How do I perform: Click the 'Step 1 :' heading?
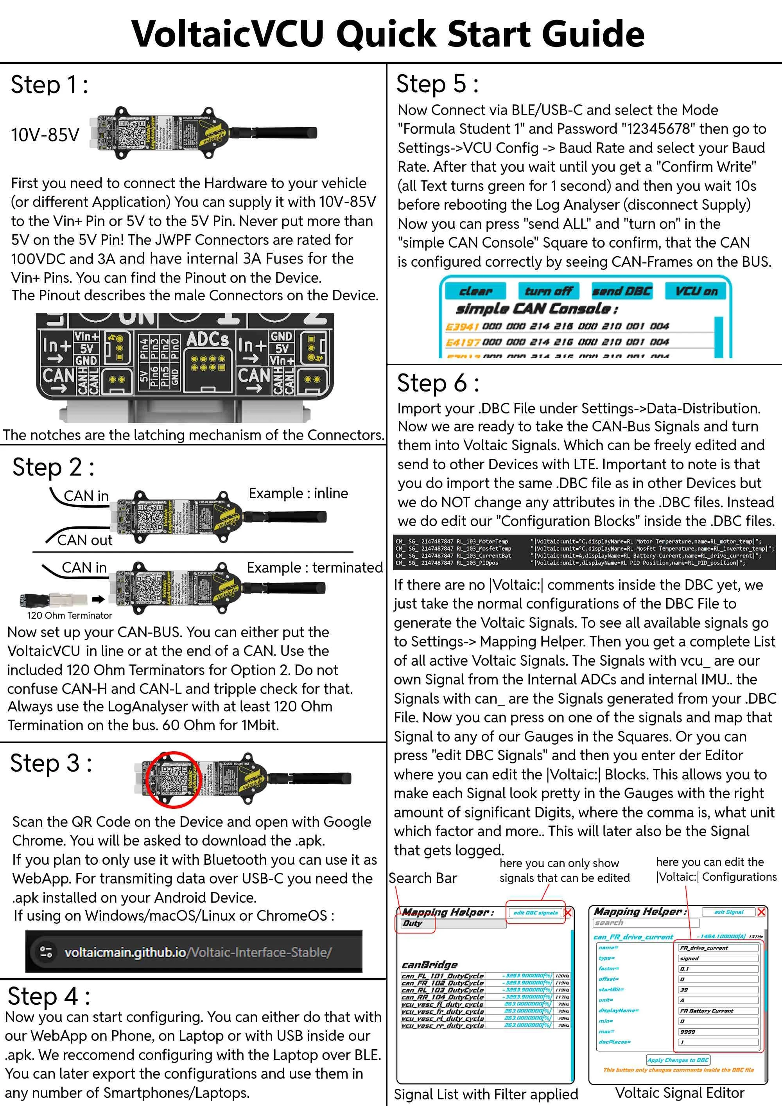[50, 85]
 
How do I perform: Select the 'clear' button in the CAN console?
[475, 291]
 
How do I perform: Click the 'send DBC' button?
[622, 291]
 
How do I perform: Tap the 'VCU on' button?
[696, 291]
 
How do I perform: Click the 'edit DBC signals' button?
[535, 913]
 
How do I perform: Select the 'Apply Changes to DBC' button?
[678, 1060]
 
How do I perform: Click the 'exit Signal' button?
[728, 912]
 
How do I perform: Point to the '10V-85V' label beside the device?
[45, 135]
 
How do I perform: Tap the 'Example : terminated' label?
[314, 567]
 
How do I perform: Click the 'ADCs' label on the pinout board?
[208, 340]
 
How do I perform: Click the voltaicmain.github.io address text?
[198, 952]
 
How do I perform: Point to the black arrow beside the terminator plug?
[99, 599]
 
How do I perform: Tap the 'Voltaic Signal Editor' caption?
[680, 1093]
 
